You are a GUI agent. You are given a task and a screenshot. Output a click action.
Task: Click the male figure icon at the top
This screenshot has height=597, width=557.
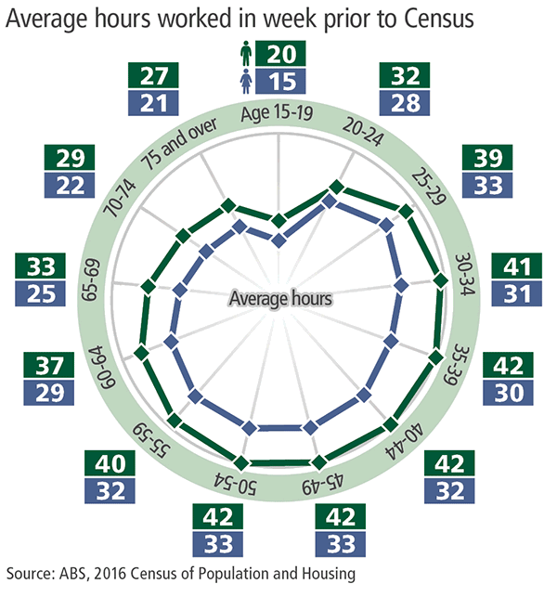(x=245, y=55)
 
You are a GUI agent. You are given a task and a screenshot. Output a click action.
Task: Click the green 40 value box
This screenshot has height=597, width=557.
(x=109, y=461)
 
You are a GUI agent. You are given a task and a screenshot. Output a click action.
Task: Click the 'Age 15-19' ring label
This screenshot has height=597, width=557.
(x=278, y=114)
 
